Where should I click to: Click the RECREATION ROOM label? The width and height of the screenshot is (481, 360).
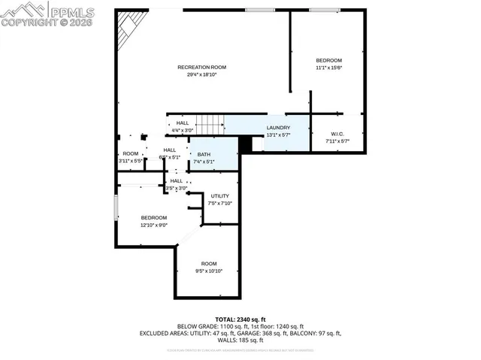pos(201,68)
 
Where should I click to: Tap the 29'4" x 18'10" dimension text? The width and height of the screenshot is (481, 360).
pos(201,75)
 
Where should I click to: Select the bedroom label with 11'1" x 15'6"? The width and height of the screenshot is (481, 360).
pos(328,61)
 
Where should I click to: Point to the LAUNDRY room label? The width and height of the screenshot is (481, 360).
pos(278,128)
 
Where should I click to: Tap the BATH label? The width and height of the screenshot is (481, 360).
pos(204,154)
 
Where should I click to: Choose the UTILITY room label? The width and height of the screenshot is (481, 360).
pos(220,196)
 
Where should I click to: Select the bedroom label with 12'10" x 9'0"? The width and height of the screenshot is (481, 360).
pos(153,218)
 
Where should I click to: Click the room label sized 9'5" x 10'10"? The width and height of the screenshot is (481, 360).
pos(208,264)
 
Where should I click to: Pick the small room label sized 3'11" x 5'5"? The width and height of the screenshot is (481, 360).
pos(131,154)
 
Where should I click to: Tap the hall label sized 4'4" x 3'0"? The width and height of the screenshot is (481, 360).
pos(183,123)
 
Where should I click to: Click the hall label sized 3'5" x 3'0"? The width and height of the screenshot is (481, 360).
pos(176,181)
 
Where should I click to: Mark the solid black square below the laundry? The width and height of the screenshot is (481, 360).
pos(244,144)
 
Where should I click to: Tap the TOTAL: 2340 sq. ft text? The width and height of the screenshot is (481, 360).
pos(240,319)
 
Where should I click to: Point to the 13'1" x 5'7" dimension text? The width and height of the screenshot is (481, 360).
pos(278,135)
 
